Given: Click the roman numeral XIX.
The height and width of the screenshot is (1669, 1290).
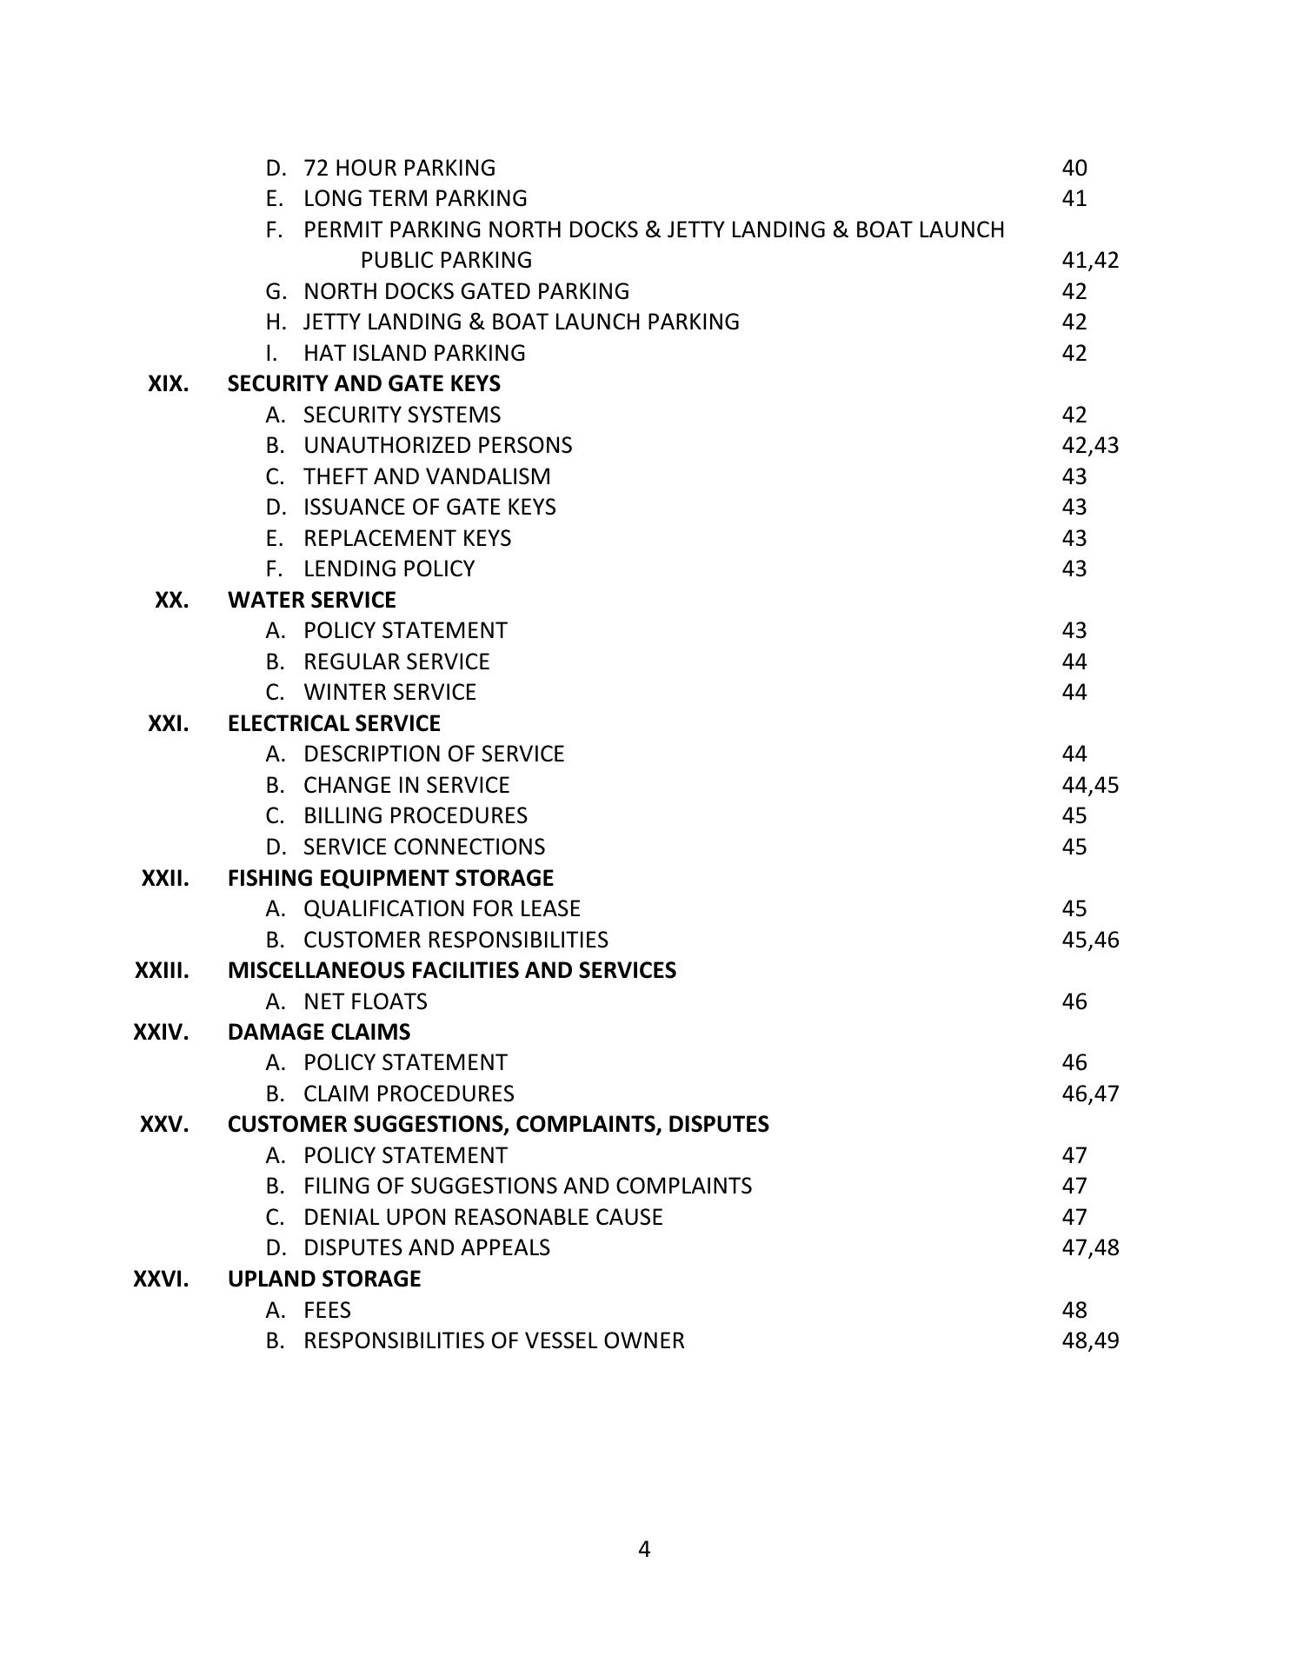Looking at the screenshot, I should [168, 383].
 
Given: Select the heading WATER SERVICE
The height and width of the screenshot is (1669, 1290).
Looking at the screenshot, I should [311, 600].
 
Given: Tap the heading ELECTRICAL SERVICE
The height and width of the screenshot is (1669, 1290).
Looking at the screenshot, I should [334, 723].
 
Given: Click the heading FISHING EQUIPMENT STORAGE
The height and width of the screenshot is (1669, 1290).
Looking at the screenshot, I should [390, 878].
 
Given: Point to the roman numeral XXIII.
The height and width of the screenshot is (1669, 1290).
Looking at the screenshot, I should [162, 970].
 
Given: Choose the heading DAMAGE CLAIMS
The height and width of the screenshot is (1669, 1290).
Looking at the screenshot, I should [319, 1032].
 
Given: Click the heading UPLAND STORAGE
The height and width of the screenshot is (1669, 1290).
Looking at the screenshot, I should [324, 1279].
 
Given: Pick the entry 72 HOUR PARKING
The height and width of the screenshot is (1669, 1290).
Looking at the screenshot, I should [399, 168].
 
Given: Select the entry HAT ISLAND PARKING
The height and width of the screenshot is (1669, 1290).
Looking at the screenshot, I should [414, 353].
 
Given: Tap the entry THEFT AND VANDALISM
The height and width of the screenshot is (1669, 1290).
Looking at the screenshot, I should [427, 476].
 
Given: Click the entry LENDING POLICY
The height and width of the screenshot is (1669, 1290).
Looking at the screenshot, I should [389, 569].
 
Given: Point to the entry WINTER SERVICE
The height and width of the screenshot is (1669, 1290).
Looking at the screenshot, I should [389, 692].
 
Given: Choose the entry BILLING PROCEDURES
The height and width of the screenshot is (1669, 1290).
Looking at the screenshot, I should [415, 815].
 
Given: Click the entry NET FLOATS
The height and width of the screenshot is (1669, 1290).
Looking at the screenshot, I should [365, 1001].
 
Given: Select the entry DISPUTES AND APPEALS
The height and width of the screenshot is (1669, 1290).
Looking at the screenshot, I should [426, 1247].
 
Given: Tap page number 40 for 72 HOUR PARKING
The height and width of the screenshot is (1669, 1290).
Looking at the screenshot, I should [1074, 168].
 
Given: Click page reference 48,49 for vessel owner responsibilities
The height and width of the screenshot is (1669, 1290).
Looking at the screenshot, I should [1090, 1340].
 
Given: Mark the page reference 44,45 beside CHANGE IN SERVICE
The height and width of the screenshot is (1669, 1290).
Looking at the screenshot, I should [1090, 785].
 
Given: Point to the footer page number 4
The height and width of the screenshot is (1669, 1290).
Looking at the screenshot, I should [644, 1549].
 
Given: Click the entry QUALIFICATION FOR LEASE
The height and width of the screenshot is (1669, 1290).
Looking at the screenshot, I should [442, 908].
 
